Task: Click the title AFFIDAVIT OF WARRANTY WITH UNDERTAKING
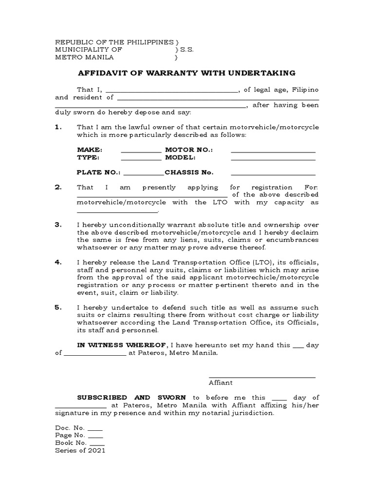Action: click(187, 73)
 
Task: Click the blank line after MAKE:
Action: click(141, 152)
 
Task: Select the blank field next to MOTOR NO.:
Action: click(273, 152)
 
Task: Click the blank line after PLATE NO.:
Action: click(144, 174)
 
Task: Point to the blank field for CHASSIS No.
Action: click(273, 174)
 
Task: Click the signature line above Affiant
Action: click(262, 377)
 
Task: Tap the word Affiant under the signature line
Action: click(221, 383)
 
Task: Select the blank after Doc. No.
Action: click(95, 429)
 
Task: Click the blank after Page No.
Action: click(96, 436)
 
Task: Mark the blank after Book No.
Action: click(97, 444)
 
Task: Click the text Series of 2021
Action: click(80, 451)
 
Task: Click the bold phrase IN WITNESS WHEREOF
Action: click(122, 345)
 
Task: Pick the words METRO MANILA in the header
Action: click(84, 57)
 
